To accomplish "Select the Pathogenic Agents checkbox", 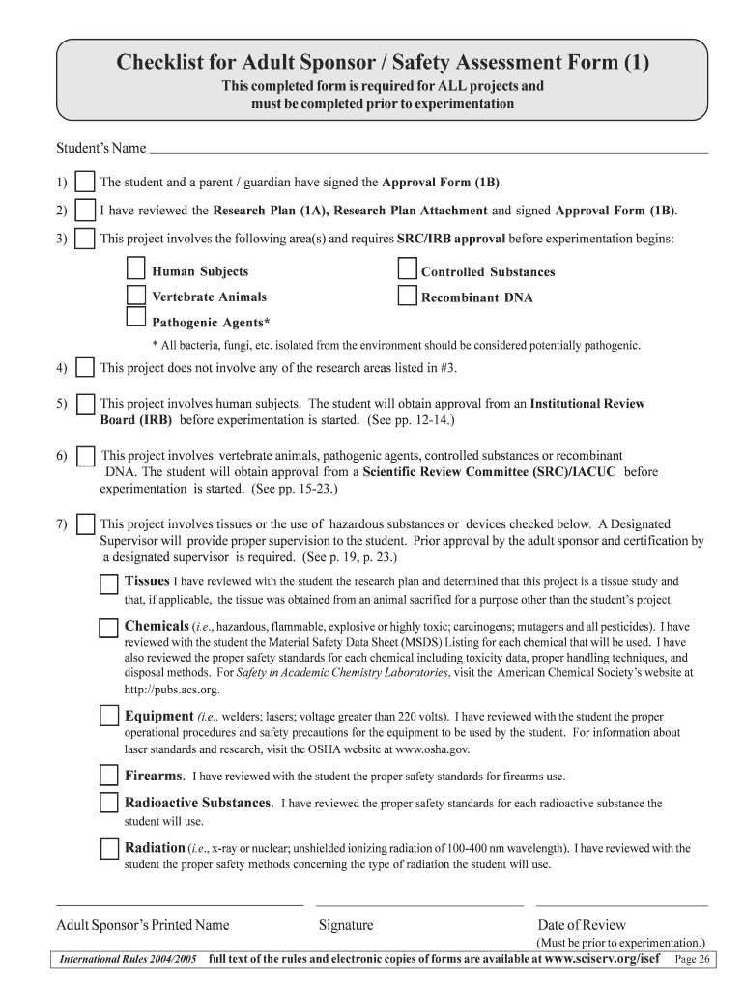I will click(x=136, y=319).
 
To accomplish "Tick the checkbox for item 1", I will click(x=85, y=182).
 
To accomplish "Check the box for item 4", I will click(x=85, y=367).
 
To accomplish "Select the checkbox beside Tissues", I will click(x=109, y=582).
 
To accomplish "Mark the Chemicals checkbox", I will click(x=109, y=628).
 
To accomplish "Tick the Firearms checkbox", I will click(x=109, y=776).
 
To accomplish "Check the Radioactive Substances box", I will click(x=109, y=803).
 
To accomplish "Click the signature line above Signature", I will click(x=420, y=904).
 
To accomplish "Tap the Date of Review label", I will click(x=582, y=925).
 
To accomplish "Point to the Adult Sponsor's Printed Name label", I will click(x=143, y=925).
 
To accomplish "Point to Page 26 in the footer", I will click(x=693, y=960).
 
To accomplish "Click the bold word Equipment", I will click(x=159, y=716).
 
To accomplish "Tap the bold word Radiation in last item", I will click(x=155, y=847).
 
